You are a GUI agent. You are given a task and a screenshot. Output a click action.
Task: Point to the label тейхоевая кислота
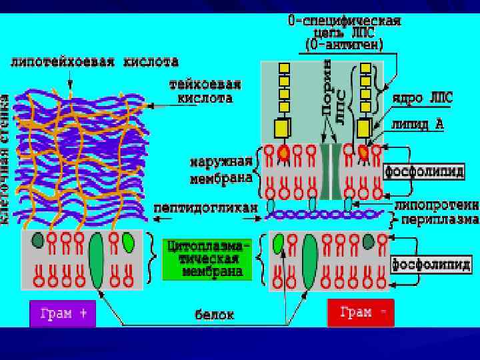pyautogui.click(x=205, y=91)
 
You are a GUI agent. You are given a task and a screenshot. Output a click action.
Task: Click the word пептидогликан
pyautogui.click(x=205, y=208)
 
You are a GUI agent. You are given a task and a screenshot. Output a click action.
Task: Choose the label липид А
pyautogui.click(x=417, y=123)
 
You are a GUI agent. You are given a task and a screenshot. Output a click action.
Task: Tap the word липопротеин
pyautogui.click(x=437, y=205)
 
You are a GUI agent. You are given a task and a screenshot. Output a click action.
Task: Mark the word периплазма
pyautogui.click(x=439, y=219)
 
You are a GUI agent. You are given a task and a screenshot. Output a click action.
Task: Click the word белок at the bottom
pyautogui.click(x=214, y=314)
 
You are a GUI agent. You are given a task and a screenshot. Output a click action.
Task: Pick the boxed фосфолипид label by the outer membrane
pyautogui.click(x=424, y=171)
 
